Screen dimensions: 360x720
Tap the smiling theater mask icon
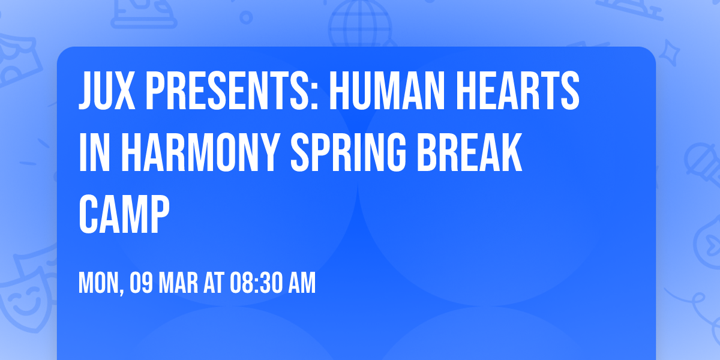coord(24,294)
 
